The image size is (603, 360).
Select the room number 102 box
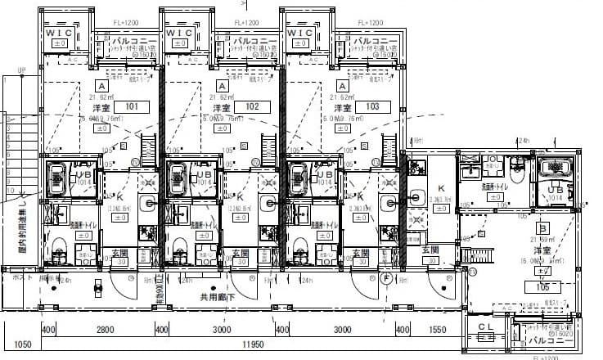(x=252, y=106)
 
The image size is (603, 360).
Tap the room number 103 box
(x=372, y=106)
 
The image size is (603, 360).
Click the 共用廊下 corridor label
(x=218, y=298)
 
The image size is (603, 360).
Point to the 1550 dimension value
(x=439, y=329)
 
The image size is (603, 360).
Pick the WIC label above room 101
(x=59, y=32)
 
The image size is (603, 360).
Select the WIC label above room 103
(x=300, y=32)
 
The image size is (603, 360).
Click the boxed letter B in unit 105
(x=541, y=227)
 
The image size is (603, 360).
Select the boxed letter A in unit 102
(x=221, y=86)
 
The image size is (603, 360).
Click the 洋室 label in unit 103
(x=341, y=107)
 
